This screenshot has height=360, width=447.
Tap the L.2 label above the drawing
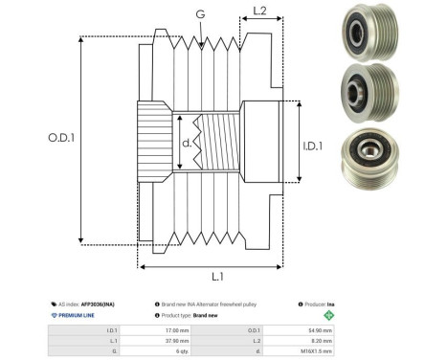259,12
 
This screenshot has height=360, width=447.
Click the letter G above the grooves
199,14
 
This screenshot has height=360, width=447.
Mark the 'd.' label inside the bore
187,145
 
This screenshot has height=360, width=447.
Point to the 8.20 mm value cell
321,341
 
